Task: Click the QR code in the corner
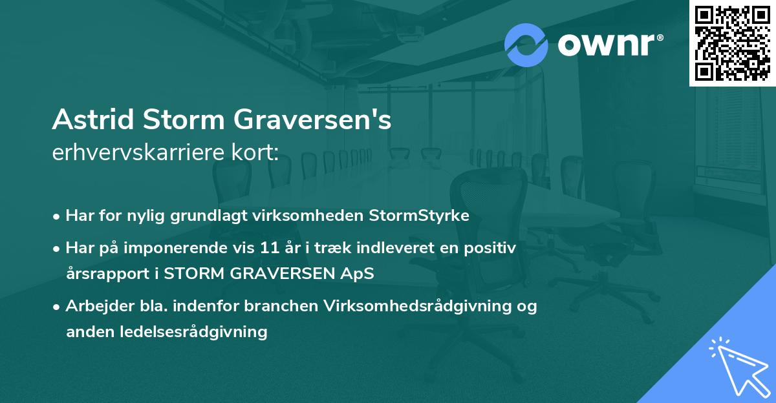pos(733,43)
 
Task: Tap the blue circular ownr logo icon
pos(526,45)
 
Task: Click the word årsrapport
pos(107,274)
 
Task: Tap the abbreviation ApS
pos(361,274)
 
